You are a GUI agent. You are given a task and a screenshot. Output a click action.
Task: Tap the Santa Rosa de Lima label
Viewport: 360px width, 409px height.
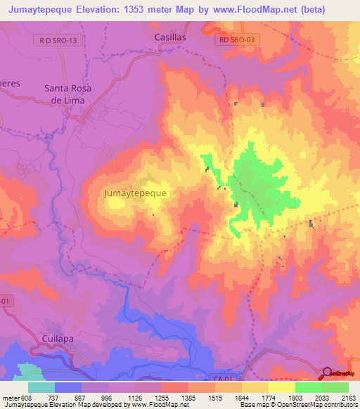(64, 94)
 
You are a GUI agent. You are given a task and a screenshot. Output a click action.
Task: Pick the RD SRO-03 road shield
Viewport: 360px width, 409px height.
(238, 41)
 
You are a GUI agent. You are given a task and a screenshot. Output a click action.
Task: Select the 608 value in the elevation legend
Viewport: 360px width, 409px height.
(25, 397)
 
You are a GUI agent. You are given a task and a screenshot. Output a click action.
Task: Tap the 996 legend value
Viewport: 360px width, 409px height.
(107, 397)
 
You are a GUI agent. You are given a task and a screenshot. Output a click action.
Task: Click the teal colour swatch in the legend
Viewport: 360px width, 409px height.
(41, 387)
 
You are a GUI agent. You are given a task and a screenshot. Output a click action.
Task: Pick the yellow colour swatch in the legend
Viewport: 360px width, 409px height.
(281, 387)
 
